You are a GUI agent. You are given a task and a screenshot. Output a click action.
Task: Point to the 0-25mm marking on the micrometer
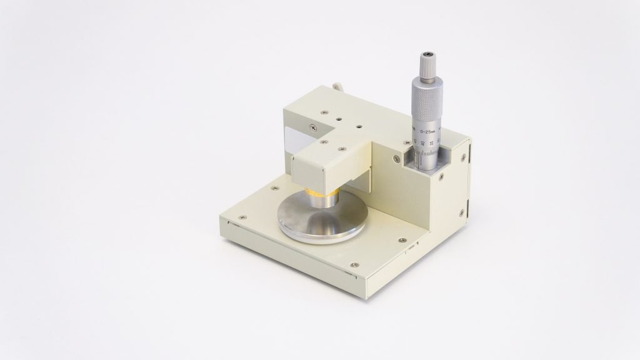(x=429, y=132)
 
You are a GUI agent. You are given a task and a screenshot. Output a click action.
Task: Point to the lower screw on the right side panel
(x=462, y=214)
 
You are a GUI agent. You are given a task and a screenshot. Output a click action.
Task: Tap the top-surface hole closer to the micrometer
(x=358, y=126)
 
